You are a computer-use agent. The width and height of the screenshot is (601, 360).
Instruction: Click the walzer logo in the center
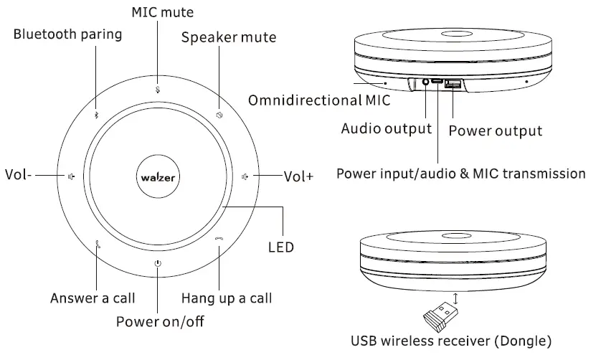click(158, 174)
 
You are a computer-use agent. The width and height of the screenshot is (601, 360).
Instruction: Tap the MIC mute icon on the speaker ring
click(158, 90)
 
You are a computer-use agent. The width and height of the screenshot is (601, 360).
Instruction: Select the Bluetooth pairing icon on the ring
click(98, 115)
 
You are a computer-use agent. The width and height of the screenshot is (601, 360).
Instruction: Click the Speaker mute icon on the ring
click(219, 115)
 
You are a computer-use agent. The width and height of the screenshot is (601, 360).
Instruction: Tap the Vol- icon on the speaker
click(71, 175)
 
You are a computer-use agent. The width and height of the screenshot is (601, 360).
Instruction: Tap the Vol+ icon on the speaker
click(245, 175)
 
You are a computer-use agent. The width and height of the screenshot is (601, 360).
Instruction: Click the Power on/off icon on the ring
click(158, 263)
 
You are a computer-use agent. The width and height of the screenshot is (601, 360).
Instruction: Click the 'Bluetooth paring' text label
click(67, 34)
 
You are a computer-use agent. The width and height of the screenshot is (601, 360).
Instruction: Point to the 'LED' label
click(280, 247)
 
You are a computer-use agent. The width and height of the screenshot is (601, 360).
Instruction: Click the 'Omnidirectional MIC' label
click(319, 100)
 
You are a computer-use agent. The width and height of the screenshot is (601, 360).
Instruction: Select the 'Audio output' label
click(386, 129)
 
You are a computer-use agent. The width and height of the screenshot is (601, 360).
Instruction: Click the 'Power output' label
click(495, 131)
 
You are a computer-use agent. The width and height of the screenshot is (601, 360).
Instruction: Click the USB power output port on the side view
click(453, 85)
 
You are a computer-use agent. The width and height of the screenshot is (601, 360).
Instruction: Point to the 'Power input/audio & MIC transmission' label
click(461, 174)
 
